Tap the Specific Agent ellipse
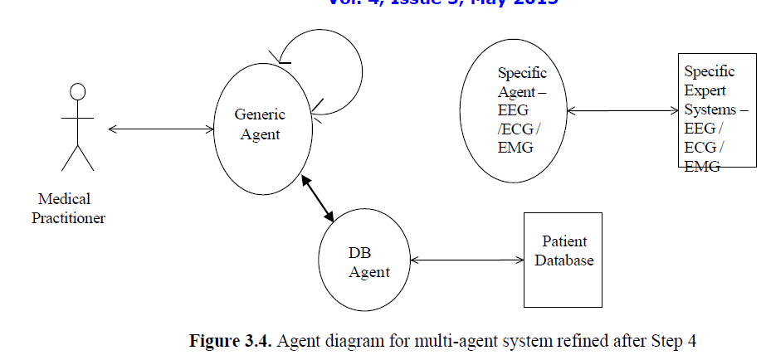click(515, 110)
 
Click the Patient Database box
click(562, 260)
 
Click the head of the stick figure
click(78, 92)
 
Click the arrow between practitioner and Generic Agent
click(162, 128)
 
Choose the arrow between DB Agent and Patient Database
click(466, 260)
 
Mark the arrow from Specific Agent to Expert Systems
click(622, 110)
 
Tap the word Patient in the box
click(564, 241)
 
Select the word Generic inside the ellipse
click(260, 114)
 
